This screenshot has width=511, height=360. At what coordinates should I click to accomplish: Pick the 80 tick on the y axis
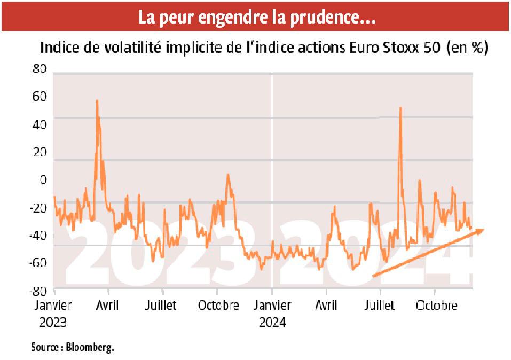click(40, 70)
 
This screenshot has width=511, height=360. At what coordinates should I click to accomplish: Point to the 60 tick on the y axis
click(40, 97)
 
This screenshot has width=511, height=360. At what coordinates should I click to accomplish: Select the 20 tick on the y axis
click(40, 153)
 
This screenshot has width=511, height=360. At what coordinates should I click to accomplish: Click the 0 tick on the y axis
click(43, 181)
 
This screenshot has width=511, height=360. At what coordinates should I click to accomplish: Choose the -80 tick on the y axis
click(38, 291)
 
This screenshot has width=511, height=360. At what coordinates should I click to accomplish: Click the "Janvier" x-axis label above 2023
click(53, 306)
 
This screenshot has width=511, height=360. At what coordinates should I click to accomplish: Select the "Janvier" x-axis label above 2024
click(272, 306)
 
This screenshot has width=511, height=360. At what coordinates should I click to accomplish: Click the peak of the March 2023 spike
click(97, 100)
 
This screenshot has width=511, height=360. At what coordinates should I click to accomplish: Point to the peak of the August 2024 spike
click(400, 108)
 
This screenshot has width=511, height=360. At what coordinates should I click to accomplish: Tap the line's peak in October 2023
click(228, 175)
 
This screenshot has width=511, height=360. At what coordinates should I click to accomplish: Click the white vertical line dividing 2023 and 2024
click(272, 160)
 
